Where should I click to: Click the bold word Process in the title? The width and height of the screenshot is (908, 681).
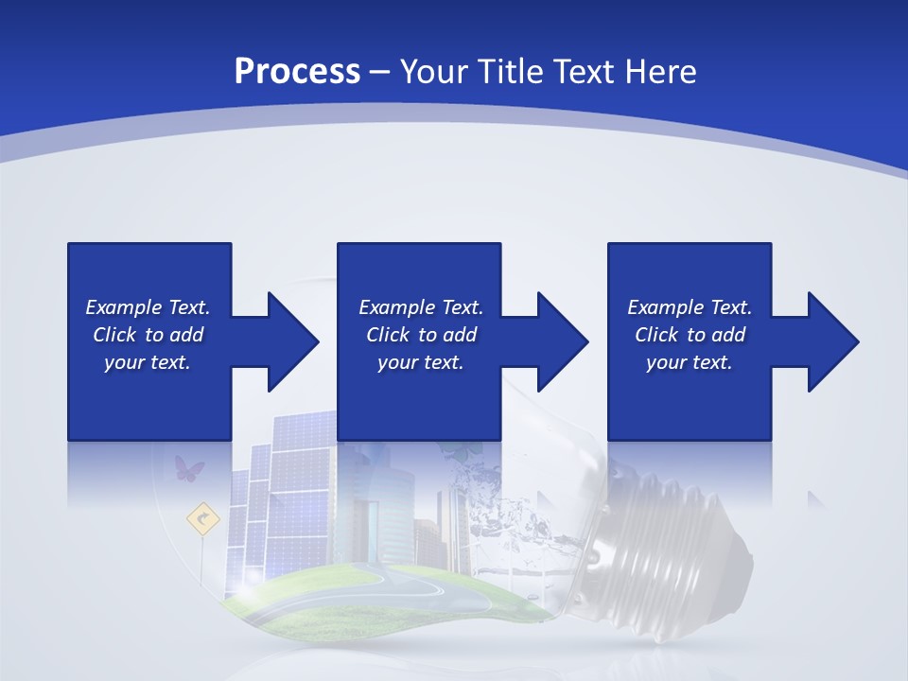pyautogui.click(x=297, y=72)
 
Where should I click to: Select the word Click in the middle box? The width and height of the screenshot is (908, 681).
pyautogui.click(x=389, y=335)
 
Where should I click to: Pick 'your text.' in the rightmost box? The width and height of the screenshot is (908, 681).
pyautogui.click(x=690, y=362)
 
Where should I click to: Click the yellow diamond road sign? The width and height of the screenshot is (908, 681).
pyautogui.click(x=202, y=517)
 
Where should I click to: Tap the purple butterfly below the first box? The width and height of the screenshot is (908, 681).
pyautogui.click(x=189, y=467)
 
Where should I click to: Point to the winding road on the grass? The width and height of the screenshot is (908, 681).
pyautogui.click(x=416, y=596)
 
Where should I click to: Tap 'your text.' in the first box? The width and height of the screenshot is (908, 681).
pyautogui.click(x=148, y=362)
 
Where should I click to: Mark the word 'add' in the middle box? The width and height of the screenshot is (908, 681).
pyautogui.click(x=460, y=335)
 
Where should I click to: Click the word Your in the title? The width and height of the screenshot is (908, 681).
pyautogui.click(x=435, y=72)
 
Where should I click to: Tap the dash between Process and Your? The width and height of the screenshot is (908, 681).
pyautogui.click(x=380, y=72)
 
